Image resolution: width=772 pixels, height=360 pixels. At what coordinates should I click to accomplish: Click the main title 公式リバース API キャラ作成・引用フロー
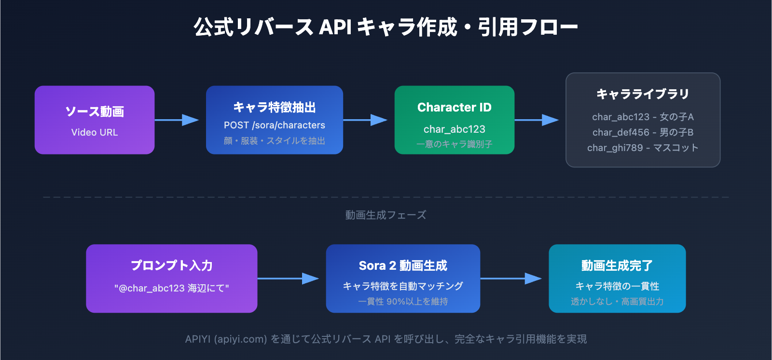tap(386, 27)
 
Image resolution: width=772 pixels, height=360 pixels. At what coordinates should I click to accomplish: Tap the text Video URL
tap(95, 132)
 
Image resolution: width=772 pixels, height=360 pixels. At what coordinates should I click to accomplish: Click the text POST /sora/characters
tap(274, 125)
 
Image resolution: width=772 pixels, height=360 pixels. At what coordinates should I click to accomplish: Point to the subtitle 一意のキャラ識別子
tap(454, 144)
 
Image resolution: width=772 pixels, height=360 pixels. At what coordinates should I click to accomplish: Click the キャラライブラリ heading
tap(643, 94)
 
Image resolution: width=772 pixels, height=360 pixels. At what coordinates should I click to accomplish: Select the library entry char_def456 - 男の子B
tap(643, 132)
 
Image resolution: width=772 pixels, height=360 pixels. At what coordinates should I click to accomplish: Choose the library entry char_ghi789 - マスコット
tap(643, 148)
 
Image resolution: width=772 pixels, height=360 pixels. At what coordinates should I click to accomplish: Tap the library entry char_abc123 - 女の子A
tap(643, 117)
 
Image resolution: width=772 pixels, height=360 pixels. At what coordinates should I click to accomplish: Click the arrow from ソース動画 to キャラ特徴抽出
tap(177, 120)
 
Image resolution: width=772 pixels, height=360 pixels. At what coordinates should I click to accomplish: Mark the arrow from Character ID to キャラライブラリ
tap(537, 120)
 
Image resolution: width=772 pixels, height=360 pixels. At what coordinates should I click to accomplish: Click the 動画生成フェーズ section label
tap(386, 215)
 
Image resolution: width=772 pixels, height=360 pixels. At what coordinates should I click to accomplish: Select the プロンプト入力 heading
tap(172, 265)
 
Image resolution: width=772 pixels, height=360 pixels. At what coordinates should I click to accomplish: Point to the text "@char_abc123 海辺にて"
tap(172, 288)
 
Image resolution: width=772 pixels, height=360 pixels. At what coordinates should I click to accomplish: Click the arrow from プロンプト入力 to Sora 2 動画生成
tap(288, 278)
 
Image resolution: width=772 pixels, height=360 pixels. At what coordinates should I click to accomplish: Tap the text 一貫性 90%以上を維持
tap(403, 302)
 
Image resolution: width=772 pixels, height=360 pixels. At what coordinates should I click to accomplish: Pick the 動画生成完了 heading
tap(617, 265)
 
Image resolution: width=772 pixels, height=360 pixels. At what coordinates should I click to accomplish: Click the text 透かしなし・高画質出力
tap(617, 302)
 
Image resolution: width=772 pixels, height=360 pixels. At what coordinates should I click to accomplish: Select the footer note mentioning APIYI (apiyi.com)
tap(386, 339)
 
